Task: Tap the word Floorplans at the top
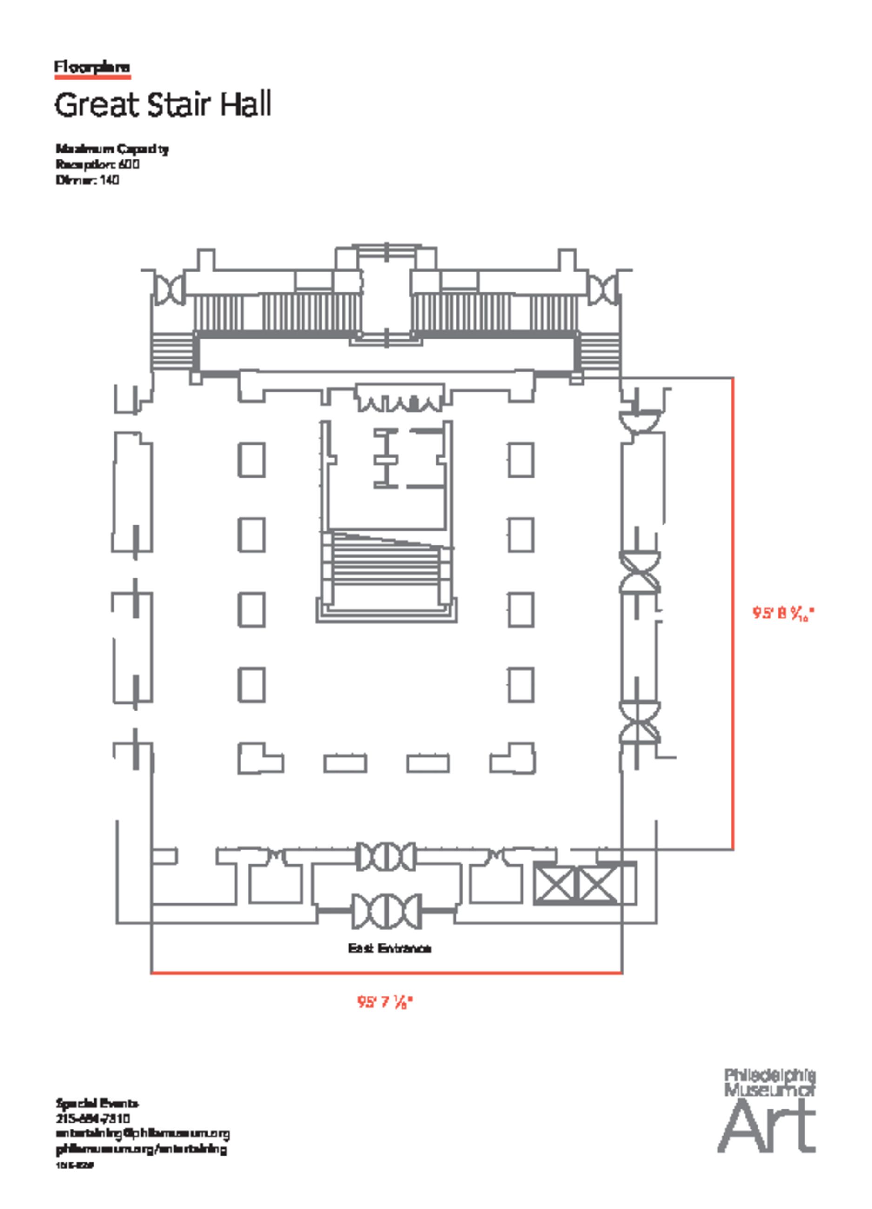(92, 68)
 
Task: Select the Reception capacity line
(98, 164)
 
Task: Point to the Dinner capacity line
(87, 180)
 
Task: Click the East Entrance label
(389, 949)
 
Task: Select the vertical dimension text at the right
(784, 614)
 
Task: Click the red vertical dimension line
(733, 613)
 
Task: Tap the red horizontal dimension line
(386, 973)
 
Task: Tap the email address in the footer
(142, 1133)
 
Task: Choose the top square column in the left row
(251, 459)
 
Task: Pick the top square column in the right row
(521, 459)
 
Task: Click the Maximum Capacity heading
(112, 149)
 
